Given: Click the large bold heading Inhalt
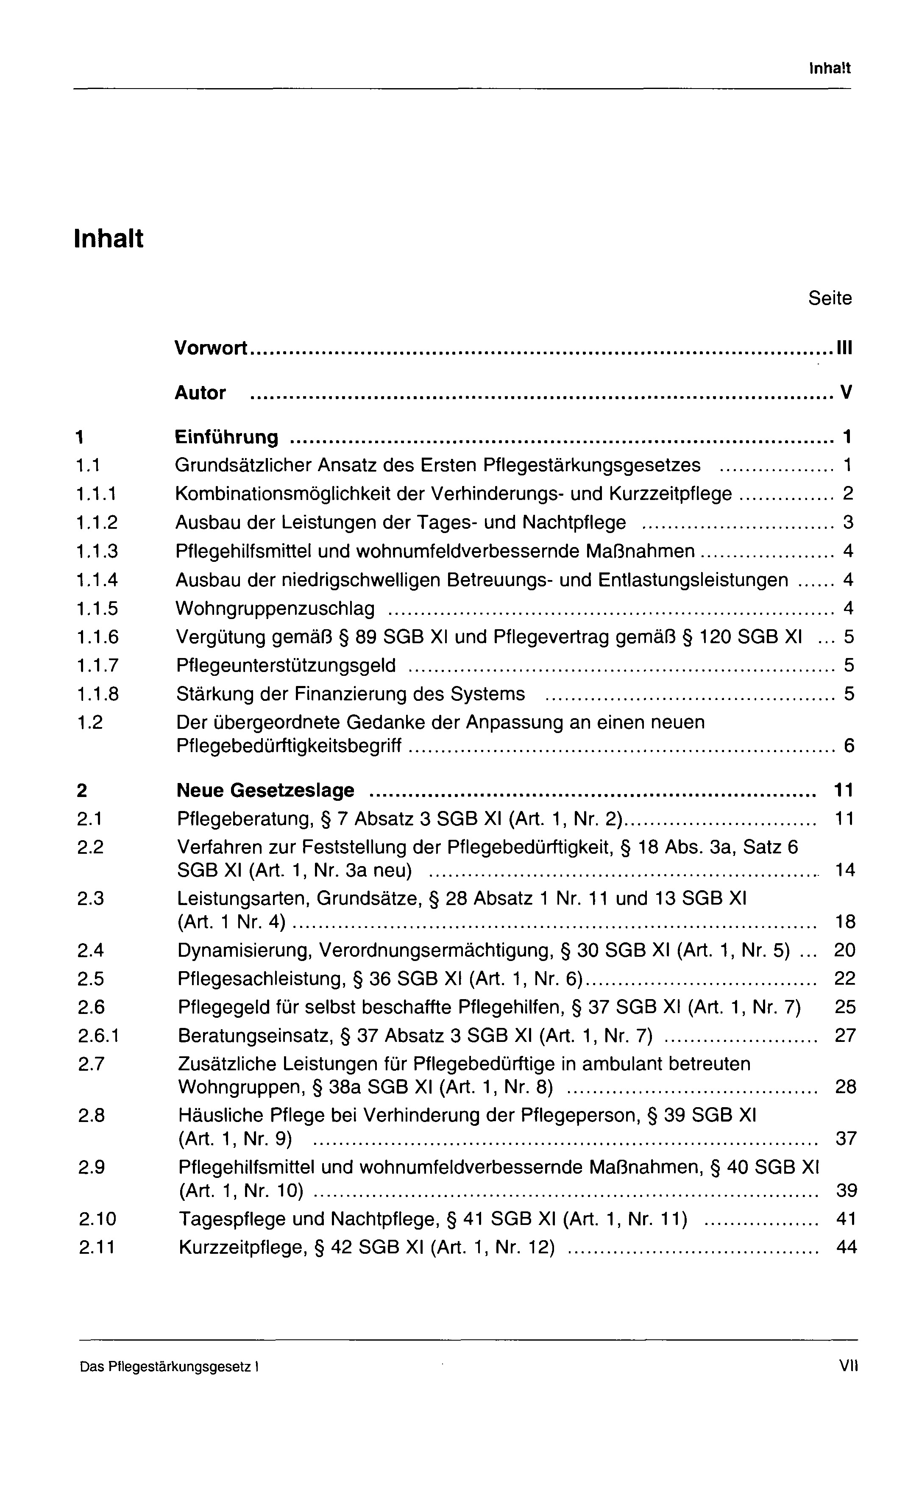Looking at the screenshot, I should (109, 238).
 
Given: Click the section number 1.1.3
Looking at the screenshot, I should (97, 551).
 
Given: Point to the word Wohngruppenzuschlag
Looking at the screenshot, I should (275, 609).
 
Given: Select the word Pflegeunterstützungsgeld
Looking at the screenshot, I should (286, 665).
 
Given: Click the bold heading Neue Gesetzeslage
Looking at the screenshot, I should (265, 791).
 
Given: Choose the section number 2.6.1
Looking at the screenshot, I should (98, 1036).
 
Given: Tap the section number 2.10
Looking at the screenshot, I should (97, 1219).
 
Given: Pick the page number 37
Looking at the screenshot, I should (846, 1139).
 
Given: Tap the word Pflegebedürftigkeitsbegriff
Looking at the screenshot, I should (289, 747).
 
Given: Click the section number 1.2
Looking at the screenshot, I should (90, 723).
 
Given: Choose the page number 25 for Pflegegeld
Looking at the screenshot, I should (845, 1007).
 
